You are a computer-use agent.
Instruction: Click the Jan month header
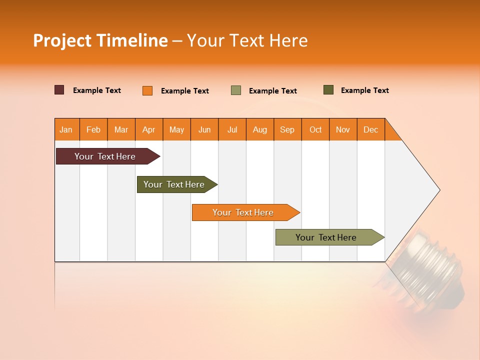tap(66, 129)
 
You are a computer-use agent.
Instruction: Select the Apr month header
tap(149, 129)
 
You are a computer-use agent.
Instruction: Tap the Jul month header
tap(232, 129)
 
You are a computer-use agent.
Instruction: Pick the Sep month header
tap(287, 129)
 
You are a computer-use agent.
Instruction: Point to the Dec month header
tap(370, 129)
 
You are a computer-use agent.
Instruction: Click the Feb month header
tap(93, 129)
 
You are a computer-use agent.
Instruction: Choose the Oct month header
tap(315, 129)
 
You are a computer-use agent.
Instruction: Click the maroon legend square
tap(59, 90)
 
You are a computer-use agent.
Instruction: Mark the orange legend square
tap(147, 90)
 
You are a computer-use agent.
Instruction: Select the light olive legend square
tap(236, 90)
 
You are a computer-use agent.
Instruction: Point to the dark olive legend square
tap(328, 90)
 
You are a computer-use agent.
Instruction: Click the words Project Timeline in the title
tap(100, 40)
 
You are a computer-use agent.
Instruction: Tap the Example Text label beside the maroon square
tap(97, 90)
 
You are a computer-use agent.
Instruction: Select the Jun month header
tap(204, 129)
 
